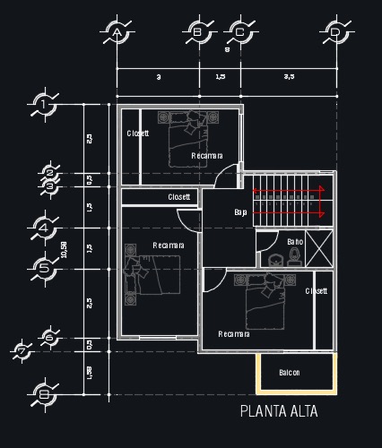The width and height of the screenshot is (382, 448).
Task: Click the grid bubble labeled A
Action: click(x=117, y=32)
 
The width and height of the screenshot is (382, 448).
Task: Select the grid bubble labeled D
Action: click(x=335, y=32)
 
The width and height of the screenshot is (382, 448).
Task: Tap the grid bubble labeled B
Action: click(x=198, y=32)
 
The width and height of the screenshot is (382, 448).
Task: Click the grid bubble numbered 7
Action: click(x=23, y=350)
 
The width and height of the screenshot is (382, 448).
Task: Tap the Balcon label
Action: click(x=289, y=372)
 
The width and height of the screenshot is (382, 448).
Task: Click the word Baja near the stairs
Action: click(x=240, y=212)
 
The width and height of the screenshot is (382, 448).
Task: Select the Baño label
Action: click(x=295, y=242)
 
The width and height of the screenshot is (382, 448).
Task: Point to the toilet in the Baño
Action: click(x=293, y=258)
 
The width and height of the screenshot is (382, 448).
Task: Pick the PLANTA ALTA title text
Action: click(x=278, y=412)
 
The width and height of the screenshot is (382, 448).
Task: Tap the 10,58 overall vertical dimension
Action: click(x=64, y=250)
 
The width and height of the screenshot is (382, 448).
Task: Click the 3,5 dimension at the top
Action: click(x=288, y=78)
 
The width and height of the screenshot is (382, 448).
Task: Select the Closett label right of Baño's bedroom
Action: click(x=317, y=291)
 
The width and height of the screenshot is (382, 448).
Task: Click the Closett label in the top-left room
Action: click(x=138, y=133)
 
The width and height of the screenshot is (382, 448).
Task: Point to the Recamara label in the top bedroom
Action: click(x=207, y=156)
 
